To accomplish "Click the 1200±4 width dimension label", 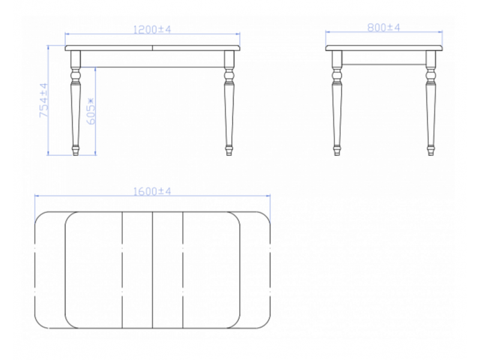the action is (x=152, y=29).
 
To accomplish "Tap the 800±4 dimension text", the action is (x=383, y=28).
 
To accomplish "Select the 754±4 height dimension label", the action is (x=44, y=100).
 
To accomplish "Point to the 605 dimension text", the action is (x=91, y=111).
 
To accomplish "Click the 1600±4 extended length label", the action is (x=152, y=191).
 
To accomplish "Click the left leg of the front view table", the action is (x=76, y=103).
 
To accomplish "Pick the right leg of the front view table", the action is (x=229, y=103).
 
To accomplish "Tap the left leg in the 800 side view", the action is (x=337, y=103).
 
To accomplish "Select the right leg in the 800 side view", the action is (x=431, y=103).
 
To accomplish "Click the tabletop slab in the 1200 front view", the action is (x=152, y=48).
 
